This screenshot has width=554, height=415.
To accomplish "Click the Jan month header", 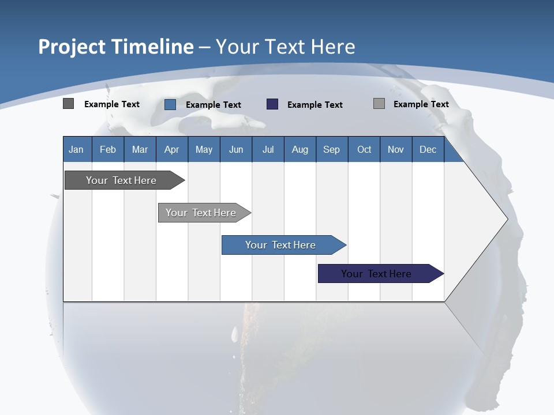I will [77, 149].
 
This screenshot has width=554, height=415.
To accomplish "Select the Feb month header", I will [108, 149].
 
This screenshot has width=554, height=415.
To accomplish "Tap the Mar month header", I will [140, 149].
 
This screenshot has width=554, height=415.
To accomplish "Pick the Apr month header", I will [172, 149].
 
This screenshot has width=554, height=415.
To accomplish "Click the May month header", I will [204, 149].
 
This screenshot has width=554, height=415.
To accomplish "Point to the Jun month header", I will [236, 149].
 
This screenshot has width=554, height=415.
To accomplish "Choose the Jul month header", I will [268, 149].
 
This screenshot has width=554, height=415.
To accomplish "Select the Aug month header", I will [300, 149].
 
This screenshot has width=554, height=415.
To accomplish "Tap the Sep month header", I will [332, 149].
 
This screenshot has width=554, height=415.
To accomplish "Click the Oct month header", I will [364, 149].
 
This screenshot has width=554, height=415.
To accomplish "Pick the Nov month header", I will [396, 149].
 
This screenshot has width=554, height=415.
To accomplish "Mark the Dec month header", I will [428, 149].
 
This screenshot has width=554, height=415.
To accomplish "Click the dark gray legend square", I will [69, 104].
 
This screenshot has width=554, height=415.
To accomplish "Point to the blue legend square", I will [170, 104].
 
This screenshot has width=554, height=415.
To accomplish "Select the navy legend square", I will [272, 104].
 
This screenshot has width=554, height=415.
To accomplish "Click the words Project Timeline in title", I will [116, 47].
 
